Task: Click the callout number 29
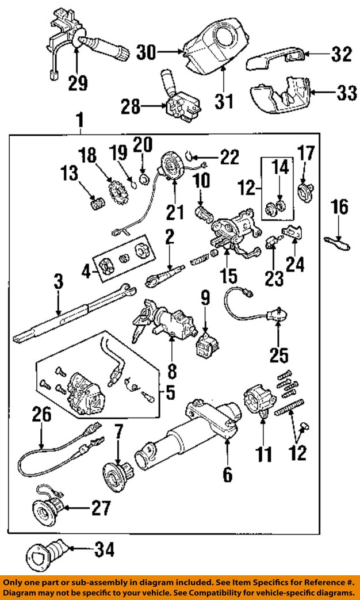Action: coord(78,83)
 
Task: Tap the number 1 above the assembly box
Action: coord(79,121)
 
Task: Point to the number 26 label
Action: coord(41,415)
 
